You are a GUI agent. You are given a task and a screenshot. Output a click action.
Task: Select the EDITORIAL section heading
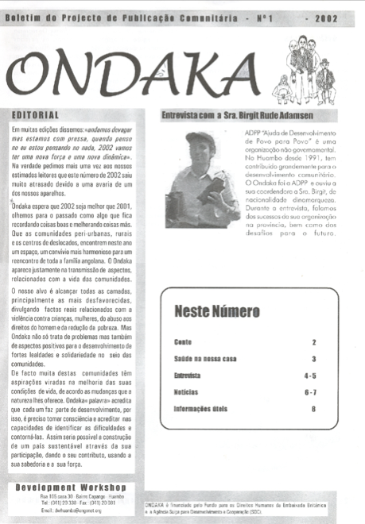(37, 116)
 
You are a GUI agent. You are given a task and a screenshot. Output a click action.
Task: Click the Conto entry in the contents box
(182, 341)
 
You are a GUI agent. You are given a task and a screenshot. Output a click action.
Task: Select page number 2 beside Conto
(314, 342)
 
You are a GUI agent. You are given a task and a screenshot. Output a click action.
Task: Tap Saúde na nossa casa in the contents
(205, 359)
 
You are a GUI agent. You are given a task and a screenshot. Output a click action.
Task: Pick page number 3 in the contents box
(314, 359)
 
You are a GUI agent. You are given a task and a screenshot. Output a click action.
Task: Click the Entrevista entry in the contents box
(188, 376)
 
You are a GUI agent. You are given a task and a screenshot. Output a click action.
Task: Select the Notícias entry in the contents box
(186, 392)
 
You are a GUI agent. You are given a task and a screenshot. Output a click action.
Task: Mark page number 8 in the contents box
(314, 409)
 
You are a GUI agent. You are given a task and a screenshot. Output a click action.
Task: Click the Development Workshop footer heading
(71, 486)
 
